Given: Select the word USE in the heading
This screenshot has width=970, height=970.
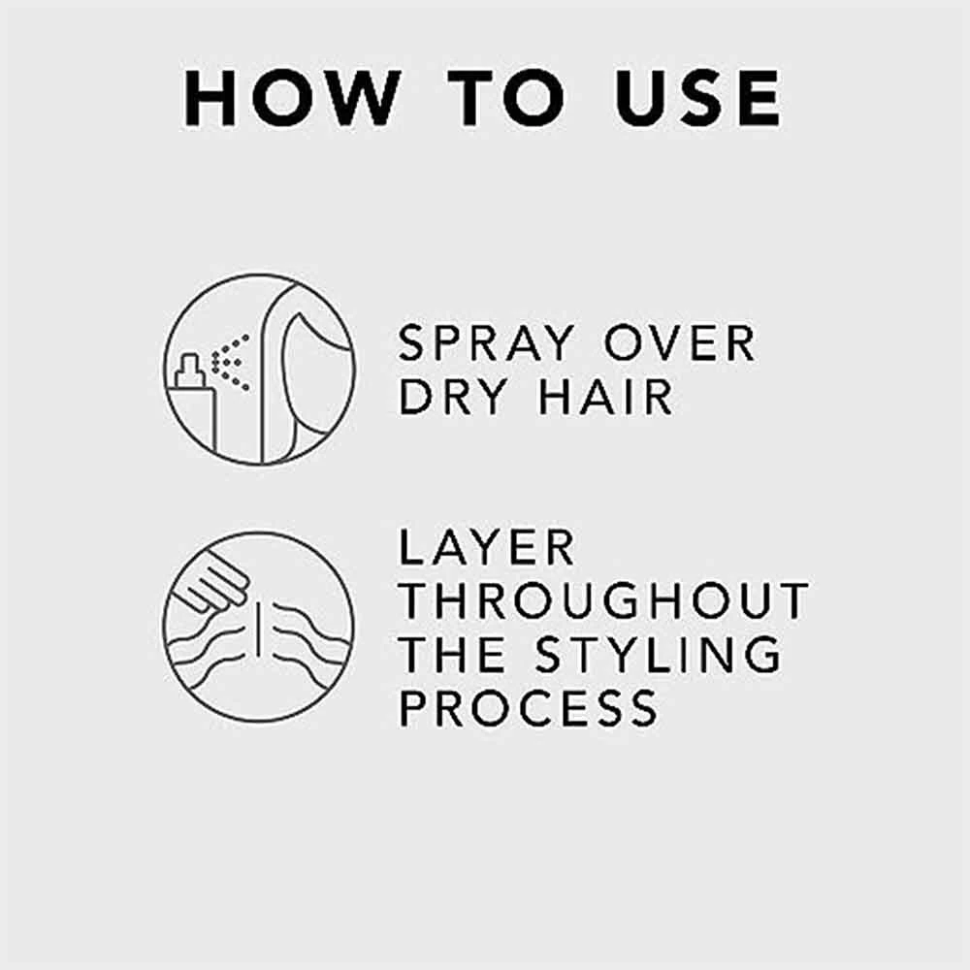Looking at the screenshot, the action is coord(697,98).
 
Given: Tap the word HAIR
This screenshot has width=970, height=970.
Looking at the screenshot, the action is coord(605,397).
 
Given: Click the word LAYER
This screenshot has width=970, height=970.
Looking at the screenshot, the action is coord(487,547).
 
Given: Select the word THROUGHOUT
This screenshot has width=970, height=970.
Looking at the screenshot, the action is coord(603,600).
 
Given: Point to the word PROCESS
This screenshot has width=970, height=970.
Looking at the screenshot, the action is coord(529,708).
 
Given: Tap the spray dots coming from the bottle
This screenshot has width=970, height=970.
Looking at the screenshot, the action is coord(230,363).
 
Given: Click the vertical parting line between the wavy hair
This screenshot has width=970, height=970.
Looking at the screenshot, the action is coord(258,630).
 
